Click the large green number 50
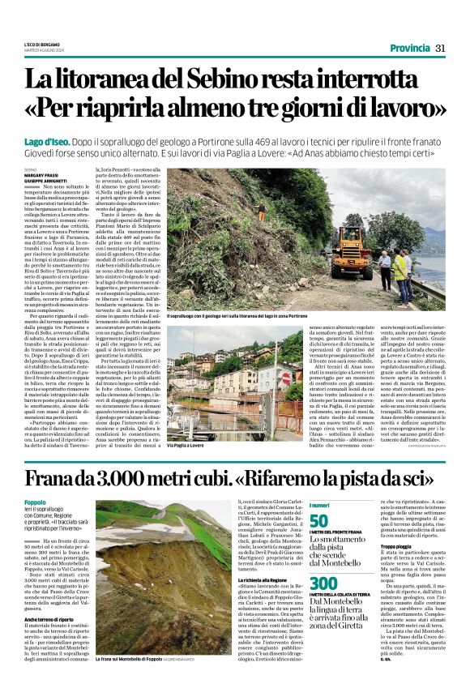click(320, 520)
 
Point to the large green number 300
click(323, 584)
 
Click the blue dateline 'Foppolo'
click(35, 502)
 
